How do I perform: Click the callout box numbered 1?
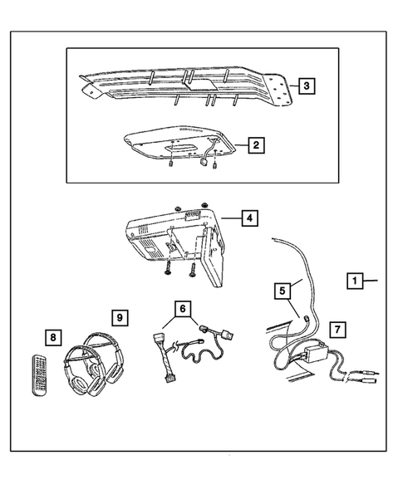coord(353,282)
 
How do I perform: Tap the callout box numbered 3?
coord(307,86)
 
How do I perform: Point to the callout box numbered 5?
coord(283,291)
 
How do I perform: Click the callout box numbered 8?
coord(53,337)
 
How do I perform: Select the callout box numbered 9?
coord(120,317)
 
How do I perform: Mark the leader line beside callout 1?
coord(371,282)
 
